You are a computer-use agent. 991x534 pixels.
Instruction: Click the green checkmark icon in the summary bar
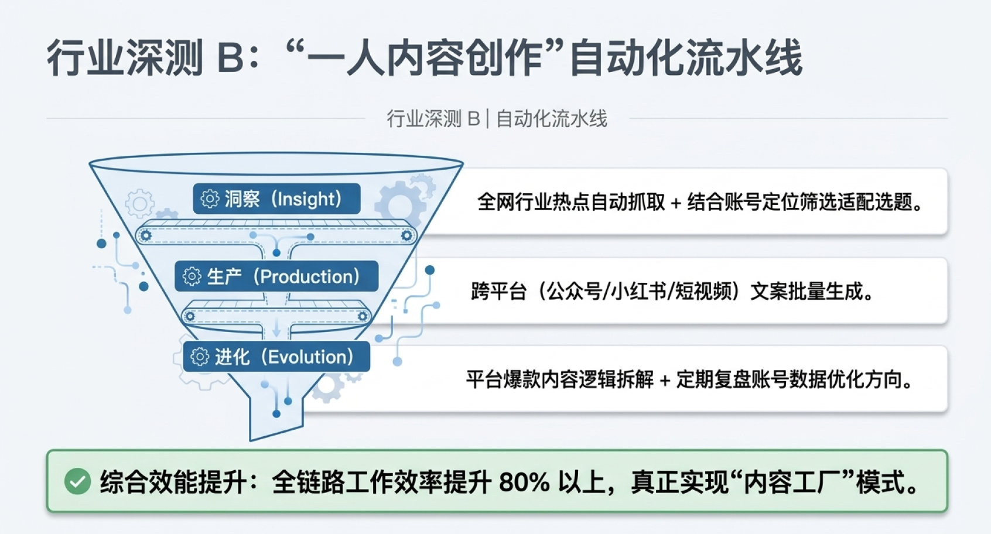pyautogui.click(x=77, y=481)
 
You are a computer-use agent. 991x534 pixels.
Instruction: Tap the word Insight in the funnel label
pyautogui.click(x=306, y=199)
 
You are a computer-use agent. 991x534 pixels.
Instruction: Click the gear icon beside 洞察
pyautogui.click(x=210, y=199)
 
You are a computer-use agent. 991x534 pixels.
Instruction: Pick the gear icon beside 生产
pyautogui.click(x=192, y=276)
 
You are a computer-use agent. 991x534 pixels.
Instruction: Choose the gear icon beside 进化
pyautogui.click(x=200, y=357)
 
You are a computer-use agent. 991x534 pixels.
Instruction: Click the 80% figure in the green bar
pyautogui.click(x=524, y=482)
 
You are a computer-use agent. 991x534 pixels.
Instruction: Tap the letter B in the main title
pyautogui.click(x=231, y=58)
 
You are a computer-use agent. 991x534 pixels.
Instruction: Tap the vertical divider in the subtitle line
pyautogui.click(x=487, y=118)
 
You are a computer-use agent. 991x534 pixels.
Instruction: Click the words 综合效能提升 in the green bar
pyautogui.click(x=173, y=482)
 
